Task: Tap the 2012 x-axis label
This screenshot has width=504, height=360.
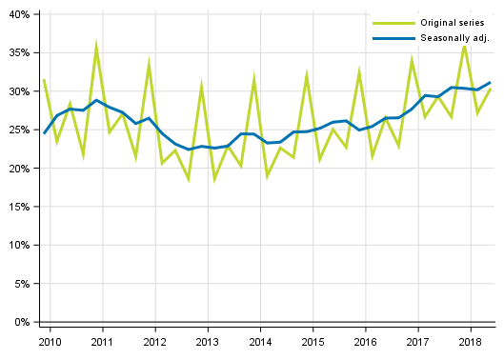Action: point(154,341)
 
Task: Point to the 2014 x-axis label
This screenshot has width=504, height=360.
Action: point(259,341)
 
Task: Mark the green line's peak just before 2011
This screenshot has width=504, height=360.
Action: point(96,46)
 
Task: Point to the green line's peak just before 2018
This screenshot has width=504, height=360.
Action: point(464,45)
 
